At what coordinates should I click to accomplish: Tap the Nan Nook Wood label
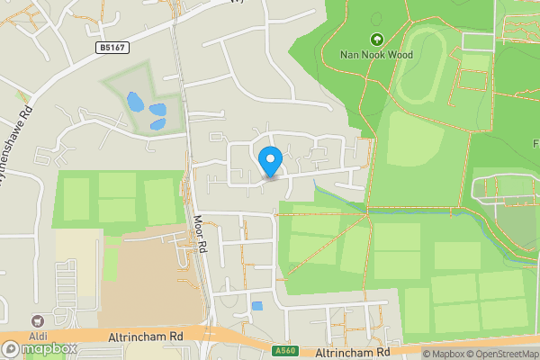375,55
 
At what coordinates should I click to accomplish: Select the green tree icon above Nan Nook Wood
375,40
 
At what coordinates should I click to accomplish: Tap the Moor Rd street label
201,233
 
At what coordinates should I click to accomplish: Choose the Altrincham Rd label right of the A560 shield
353,352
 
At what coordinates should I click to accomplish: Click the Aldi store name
37,334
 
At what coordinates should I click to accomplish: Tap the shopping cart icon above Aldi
37,319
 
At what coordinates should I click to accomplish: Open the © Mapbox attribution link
444,354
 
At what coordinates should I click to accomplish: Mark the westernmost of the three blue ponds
134,101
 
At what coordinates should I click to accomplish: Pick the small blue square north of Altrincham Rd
257,306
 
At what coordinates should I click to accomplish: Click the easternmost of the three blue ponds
158,110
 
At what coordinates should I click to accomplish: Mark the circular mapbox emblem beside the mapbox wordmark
11,348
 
